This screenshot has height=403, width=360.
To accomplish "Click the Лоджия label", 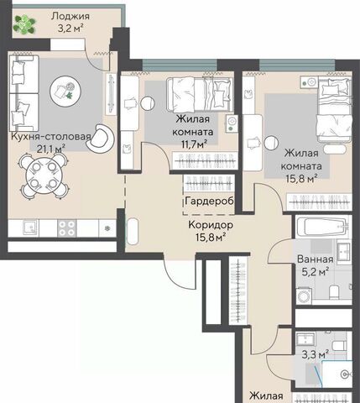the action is pyautogui.click(x=70, y=17).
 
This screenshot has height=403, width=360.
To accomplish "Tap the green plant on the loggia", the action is pyautogui.click(x=24, y=24).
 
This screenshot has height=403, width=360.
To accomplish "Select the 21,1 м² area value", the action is pyautogui.click(x=51, y=149).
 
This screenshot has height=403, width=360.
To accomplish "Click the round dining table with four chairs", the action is pyautogui.click(x=44, y=175).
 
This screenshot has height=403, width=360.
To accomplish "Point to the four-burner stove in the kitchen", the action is pyautogui.click(x=67, y=228).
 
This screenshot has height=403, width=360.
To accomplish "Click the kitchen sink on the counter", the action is pyautogui.click(x=30, y=228).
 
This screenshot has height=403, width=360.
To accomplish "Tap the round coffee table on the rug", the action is pyautogui.click(x=65, y=90).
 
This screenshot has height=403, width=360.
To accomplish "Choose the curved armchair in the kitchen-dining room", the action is pyautogui.click(x=101, y=139).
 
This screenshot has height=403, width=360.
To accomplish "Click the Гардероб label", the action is pyautogui.click(x=210, y=201).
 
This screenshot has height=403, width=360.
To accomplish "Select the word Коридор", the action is pyautogui.click(x=211, y=225).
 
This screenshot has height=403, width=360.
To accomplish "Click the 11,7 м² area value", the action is pyautogui.click(x=195, y=144).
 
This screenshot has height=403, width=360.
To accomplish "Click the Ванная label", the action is pyautogui.click(x=315, y=259).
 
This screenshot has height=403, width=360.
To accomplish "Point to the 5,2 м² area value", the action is pyautogui.click(x=316, y=271).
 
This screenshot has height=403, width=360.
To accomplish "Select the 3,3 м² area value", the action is pyautogui.click(x=316, y=355).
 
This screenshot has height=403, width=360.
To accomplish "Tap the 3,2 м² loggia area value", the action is pyautogui.click(x=71, y=29).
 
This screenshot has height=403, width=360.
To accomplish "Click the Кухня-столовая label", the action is pyautogui.click(x=51, y=137).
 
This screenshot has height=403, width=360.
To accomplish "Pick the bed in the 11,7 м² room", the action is pyautogui.click(x=200, y=94).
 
